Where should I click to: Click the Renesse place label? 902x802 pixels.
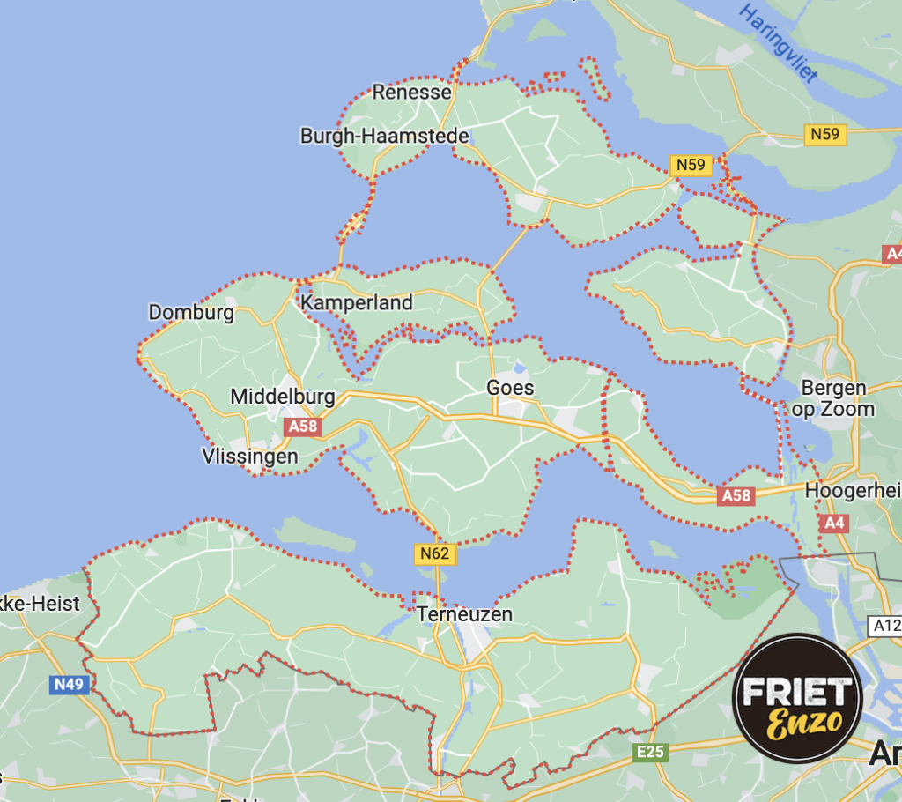pos(411,92)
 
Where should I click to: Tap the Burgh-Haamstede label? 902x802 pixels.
pos(385,136)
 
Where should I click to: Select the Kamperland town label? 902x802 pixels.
pos(357,303)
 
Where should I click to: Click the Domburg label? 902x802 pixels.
pos(191,312)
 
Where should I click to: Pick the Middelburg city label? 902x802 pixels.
pos(283,397)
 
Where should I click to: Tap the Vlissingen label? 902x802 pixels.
pos(249,457)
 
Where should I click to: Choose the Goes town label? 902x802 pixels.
pos(510,388)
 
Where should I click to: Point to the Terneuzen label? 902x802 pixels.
pos(464,613)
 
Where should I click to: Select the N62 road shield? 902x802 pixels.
pos(435,554)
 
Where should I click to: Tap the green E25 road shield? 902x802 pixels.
pos(650,752)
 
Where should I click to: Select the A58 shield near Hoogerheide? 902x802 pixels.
pos(736,495)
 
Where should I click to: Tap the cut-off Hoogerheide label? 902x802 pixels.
pos(853,491)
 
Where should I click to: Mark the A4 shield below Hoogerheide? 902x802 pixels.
pos(833,524)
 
